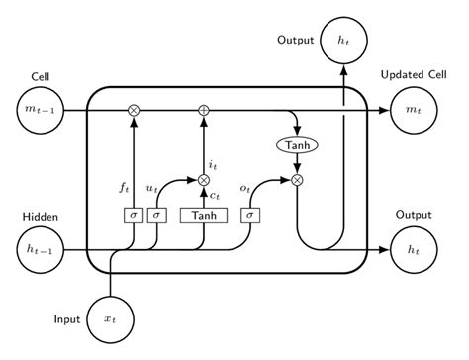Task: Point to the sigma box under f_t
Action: tap(133, 214)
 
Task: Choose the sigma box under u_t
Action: tap(156, 214)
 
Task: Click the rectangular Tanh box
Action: tap(204, 214)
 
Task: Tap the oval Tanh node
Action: tap(296, 146)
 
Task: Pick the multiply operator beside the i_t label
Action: tap(204, 179)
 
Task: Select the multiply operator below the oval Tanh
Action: tap(296, 179)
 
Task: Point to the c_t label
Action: tap(215, 196)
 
